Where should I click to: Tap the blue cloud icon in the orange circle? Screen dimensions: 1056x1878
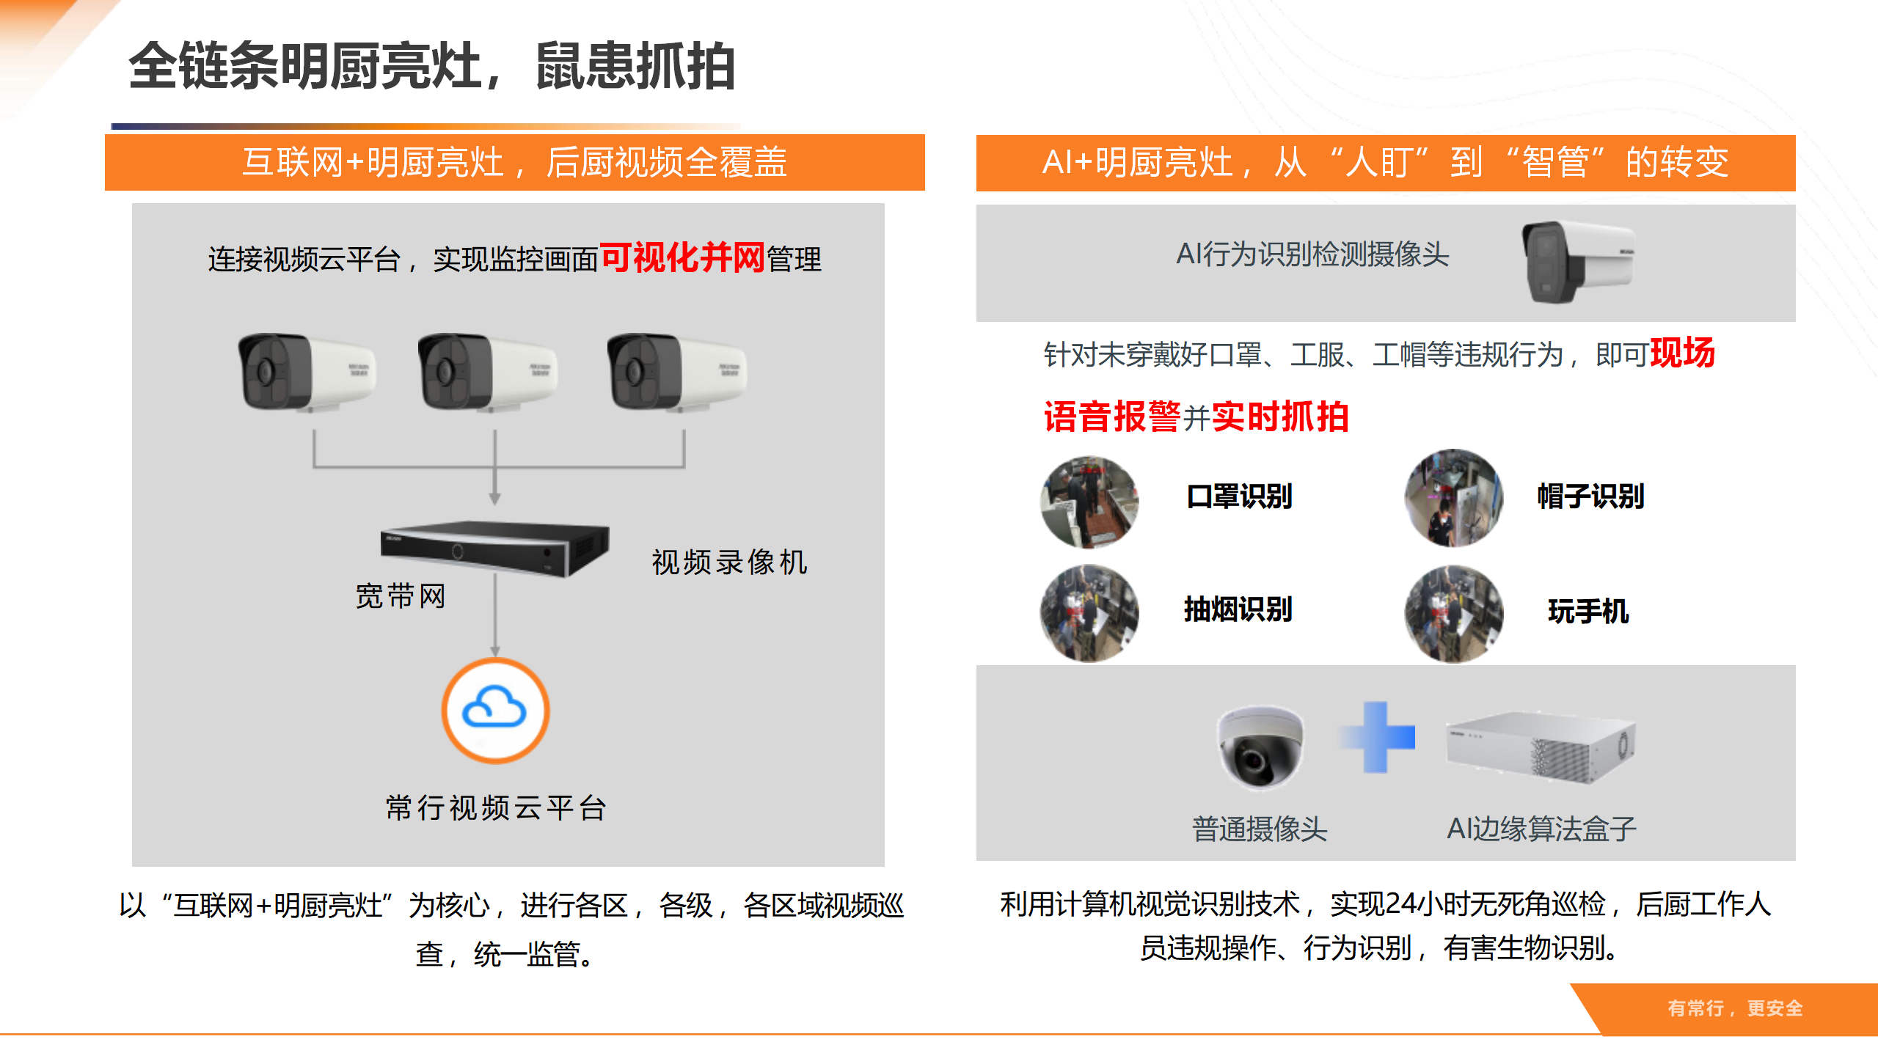click(494, 709)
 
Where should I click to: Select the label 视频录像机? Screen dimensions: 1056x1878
click(729, 562)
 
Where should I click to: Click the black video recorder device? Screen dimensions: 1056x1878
click(494, 548)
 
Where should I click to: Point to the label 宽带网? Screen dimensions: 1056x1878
click(401, 596)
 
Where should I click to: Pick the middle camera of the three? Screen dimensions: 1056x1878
click(487, 371)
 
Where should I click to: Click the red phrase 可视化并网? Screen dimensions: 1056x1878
click(682, 258)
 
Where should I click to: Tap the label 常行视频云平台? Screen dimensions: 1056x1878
click(496, 808)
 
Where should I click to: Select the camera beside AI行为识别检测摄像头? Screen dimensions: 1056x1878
click(1577, 261)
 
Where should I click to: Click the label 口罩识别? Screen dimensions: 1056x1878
click(1239, 496)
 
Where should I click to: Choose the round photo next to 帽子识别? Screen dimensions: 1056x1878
click(1453, 498)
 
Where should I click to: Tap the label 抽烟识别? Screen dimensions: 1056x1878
click(1238, 609)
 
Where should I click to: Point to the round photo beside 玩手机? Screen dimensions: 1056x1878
click(1453, 613)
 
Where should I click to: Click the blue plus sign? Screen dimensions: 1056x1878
click(1377, 737)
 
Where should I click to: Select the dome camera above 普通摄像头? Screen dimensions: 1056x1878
click(1260, 746)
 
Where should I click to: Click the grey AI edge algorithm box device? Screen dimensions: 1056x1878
click(1540, 747)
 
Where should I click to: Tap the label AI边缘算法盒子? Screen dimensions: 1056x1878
click(1541, 829)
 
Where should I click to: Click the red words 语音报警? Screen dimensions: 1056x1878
click(1111, 417)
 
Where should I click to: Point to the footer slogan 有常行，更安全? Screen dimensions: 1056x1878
click(1735, 1008)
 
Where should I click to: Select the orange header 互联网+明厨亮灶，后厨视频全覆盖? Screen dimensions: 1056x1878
click(514, 162)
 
